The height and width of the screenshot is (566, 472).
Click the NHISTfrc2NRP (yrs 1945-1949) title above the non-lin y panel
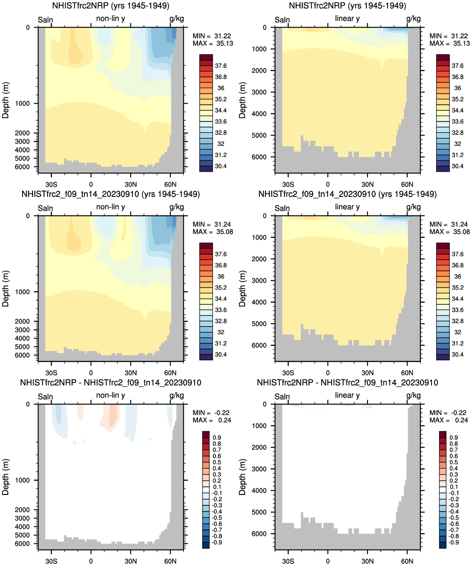pyautogui.click(x=111, y=6)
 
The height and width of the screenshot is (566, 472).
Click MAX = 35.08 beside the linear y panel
pyautogui.click(x=449, y=232)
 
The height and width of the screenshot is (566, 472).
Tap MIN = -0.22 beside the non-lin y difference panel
pyautogui.click(x=211, y=413)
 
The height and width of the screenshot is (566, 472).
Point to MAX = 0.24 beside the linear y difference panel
pyautogui.click(x=448, y=421)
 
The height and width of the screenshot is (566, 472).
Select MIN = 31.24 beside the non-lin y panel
pyautogui.click(x=212, y=224)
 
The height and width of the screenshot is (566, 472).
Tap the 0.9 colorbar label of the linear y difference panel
pyautogui.click(x=454, y=438)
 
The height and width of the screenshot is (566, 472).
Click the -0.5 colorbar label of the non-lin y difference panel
pyautogui.click(x=217, y=518)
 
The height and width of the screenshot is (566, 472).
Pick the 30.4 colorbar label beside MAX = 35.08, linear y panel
pyautogui.click(x=457, y=354)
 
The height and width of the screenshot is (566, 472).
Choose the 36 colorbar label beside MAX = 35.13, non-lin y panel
pyautogui.click(x=221, y=88)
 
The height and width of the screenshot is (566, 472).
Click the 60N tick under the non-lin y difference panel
pyautogui.click(x=170, y=561)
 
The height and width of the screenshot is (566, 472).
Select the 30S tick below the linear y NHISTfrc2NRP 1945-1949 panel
pyautogui.click(x=288, y=184)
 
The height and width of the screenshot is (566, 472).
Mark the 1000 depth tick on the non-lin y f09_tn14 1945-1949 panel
pyautogui.click(x=22, y=292)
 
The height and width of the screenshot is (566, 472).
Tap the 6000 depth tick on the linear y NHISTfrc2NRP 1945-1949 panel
pyautogui.click(x=259, y=157)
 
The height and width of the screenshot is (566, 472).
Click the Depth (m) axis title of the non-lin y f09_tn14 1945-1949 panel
pyautogui.click(x=5, y=288)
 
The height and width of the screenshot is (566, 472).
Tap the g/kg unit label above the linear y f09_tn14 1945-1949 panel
pyautogui.click(x=413, y=207)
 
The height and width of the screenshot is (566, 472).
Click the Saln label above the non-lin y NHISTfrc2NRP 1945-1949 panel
pyautogui.click(x=46, y=20)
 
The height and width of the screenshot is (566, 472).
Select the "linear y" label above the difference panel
pyautogui.click(x=347, y=395)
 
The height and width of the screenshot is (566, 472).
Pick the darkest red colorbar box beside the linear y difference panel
pyautogui.click(x=443, y=434)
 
